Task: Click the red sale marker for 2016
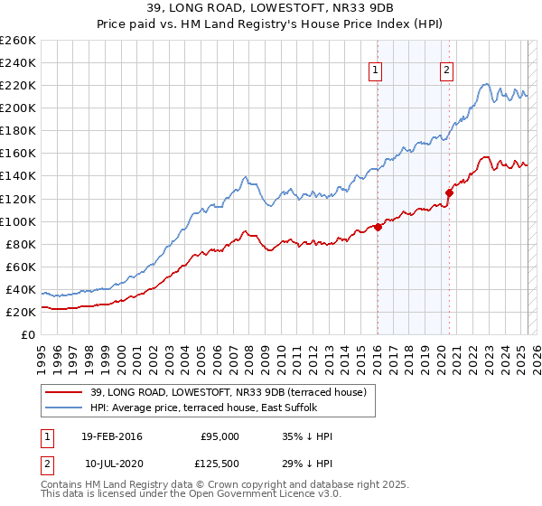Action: point(378,227)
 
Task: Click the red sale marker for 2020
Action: point(449,192)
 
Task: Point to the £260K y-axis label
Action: point(17,41)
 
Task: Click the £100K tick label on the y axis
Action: point(17,221)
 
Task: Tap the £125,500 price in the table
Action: point(220,463)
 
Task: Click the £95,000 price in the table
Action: point(220,436)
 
